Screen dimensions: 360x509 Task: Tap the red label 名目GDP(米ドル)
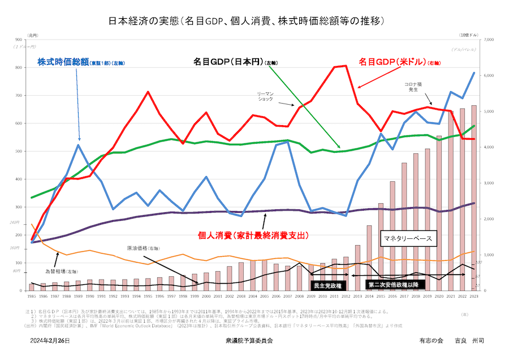pos(392,61)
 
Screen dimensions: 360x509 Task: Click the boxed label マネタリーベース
pos(407,239)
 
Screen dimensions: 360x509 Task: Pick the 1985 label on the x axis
pos(31,297)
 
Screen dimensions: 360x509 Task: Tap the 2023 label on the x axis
pos(474,297)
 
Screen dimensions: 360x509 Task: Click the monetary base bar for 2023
pos(474,198)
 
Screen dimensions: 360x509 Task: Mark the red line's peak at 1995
pos(148,92)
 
